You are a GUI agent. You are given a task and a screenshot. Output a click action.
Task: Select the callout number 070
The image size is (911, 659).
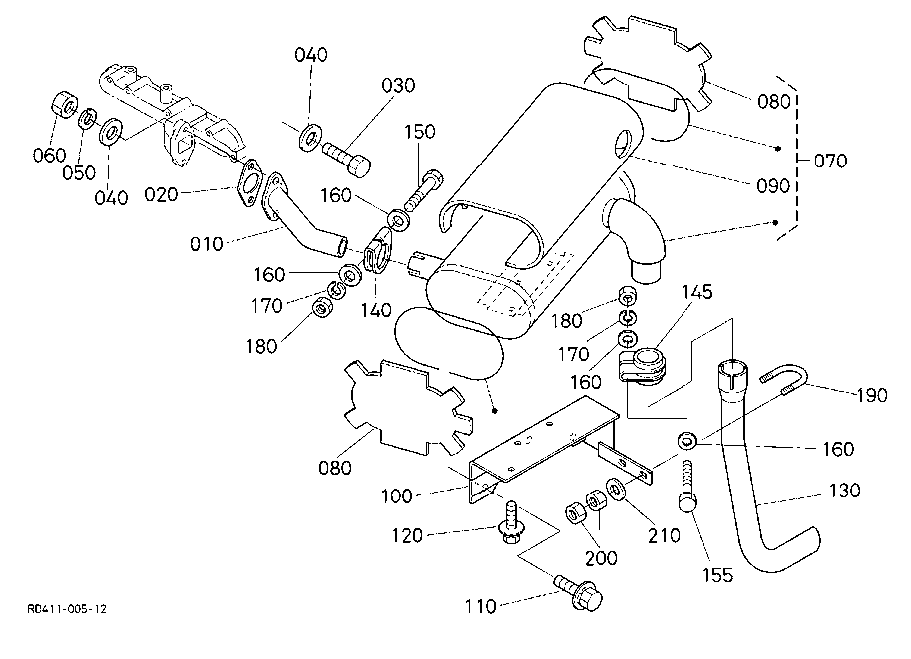tap(829, 160)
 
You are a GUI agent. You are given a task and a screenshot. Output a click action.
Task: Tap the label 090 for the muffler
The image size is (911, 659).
tap(773, 186)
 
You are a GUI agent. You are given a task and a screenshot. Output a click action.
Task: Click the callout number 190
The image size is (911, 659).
tap(871, 396)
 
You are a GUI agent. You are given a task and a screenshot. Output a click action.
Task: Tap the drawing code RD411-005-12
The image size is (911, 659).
tap(68, 607)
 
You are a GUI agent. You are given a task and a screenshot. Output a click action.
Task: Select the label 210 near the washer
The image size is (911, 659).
tap(663, 535)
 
